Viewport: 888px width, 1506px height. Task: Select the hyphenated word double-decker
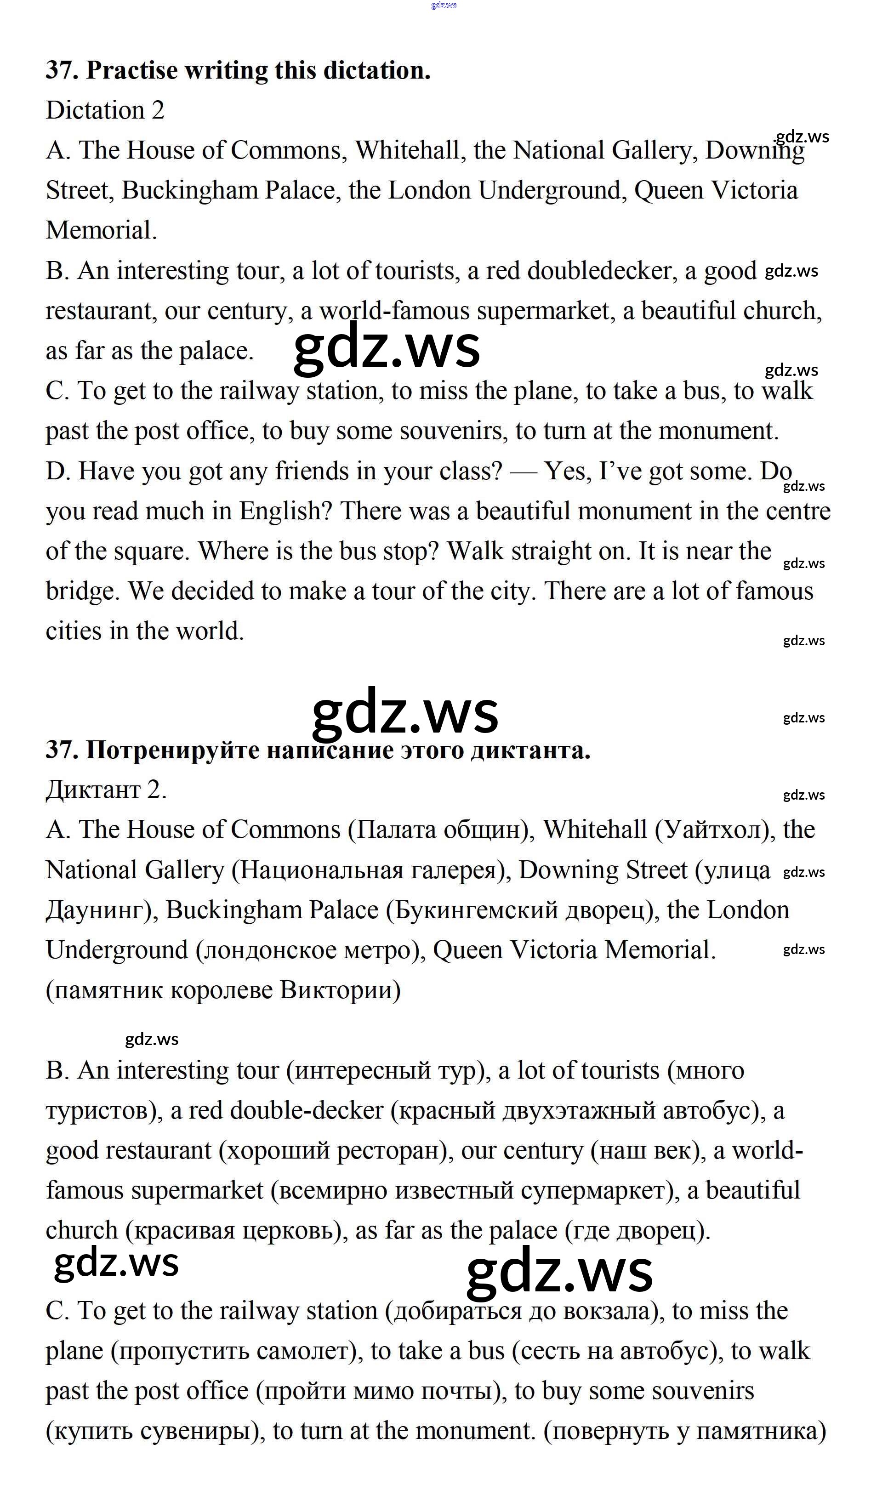coord(307,1110)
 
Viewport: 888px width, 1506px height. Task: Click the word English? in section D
coord(285,511)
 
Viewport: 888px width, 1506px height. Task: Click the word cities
coord(74,631)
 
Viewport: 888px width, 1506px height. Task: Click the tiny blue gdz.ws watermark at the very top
coord(444,6)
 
